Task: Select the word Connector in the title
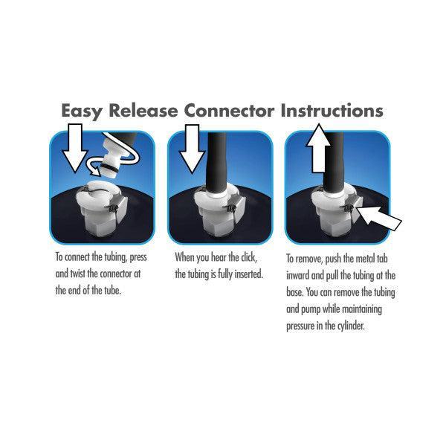coord(230,111)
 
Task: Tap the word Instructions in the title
coord(332,111)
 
